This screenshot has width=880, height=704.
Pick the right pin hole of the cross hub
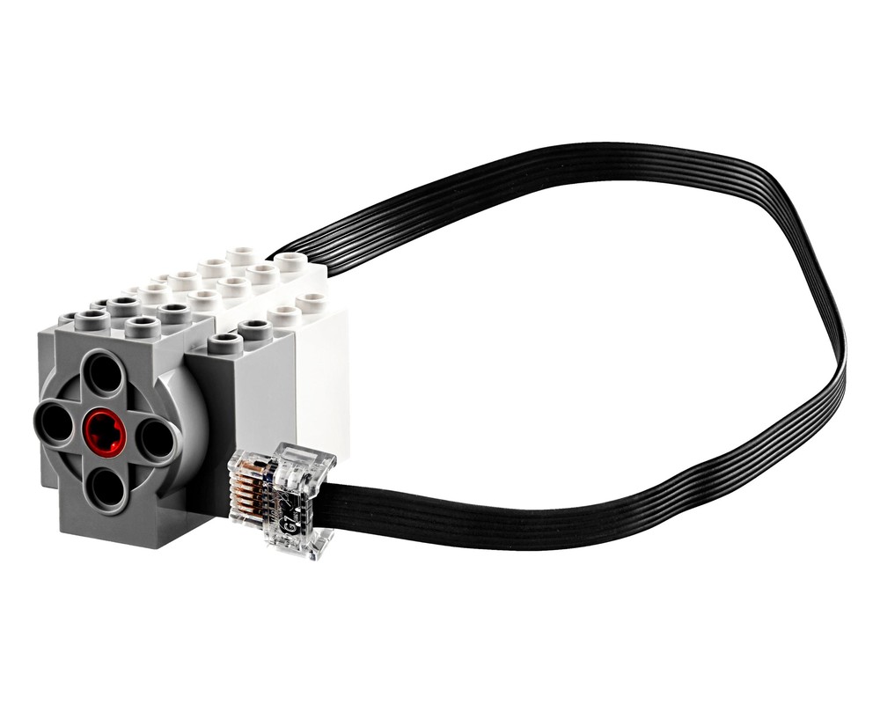pos(157,439)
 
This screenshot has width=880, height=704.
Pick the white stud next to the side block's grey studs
pos(283,316)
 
